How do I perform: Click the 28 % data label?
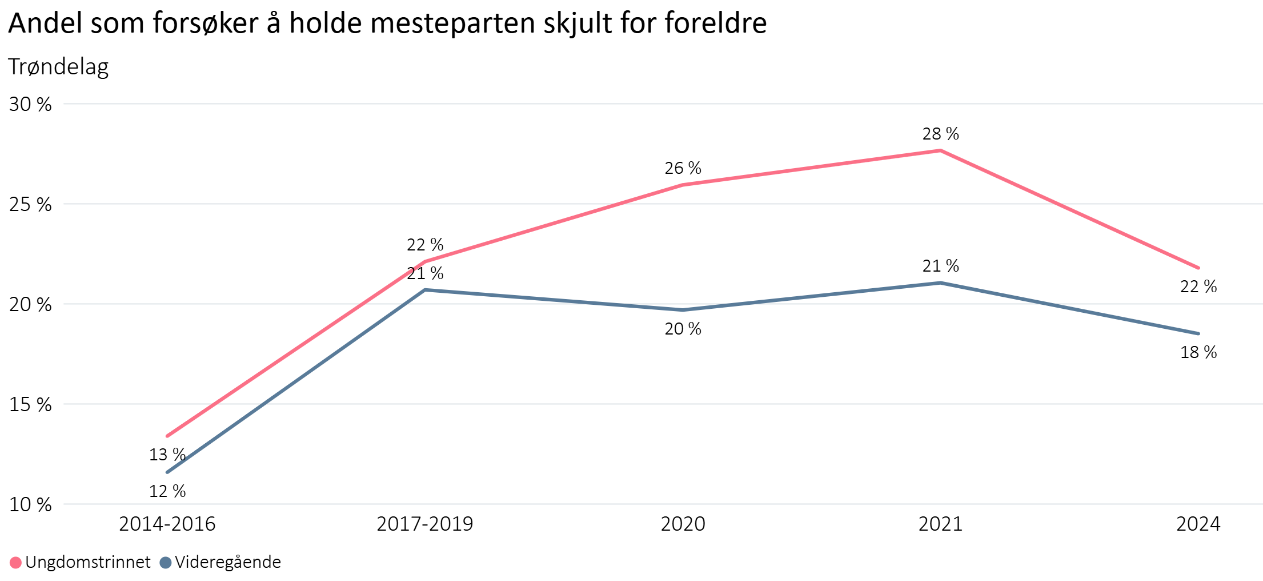(940, 134)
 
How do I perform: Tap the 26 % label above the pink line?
(683, 168)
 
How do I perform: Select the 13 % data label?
(167, 455)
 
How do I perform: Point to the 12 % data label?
(167, 491)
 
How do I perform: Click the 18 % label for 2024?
(1198, 352)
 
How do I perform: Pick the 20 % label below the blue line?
(683, 329)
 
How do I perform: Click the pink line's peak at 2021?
(940, 150)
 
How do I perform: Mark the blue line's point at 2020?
(683, 310)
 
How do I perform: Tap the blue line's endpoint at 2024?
(1198, 333)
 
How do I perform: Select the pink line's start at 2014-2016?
(167, 436)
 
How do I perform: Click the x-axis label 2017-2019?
(424, 524)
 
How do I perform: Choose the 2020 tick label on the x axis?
(683, 524)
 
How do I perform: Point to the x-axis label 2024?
(1198, 524)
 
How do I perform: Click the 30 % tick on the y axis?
(30, 104)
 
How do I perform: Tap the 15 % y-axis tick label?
(30, 404)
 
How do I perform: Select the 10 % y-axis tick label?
(30, 504)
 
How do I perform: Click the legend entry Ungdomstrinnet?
(87, 562)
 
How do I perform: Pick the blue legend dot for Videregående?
(166, 563)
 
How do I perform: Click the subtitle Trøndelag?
(58, 67)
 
